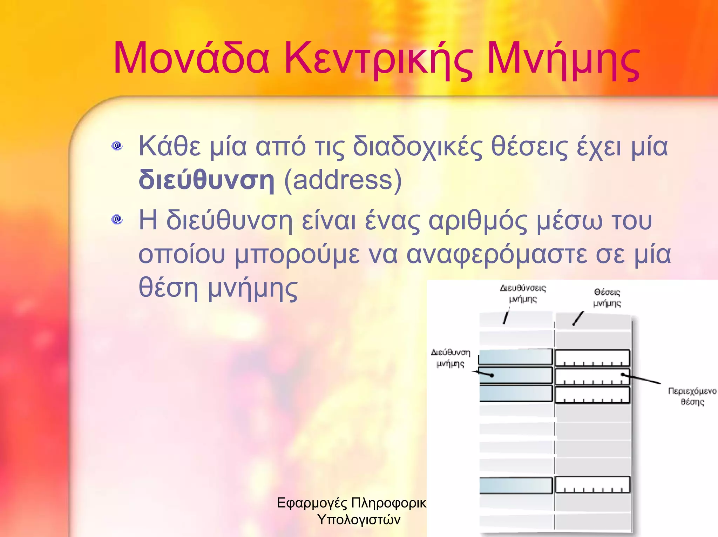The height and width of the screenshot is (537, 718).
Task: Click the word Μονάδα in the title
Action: pos(191,59)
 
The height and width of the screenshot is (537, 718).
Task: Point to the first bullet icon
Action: pos(117,146)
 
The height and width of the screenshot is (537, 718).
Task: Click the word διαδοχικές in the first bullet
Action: pos(418,147)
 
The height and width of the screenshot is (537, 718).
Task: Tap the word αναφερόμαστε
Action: pos(496,255)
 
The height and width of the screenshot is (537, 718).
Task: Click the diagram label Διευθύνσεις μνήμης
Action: pos(523,294)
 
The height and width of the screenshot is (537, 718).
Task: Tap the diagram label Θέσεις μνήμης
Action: pos(607,297)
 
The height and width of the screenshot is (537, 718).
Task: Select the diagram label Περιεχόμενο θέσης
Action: pos(692,396)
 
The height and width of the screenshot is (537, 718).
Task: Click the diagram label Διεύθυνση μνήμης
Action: pos(451,358)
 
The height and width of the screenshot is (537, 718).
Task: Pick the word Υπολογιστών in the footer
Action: pos(359,519)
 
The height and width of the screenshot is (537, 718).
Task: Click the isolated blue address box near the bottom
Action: pos(515,486)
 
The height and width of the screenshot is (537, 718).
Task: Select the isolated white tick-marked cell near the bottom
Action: pos(592,485)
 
